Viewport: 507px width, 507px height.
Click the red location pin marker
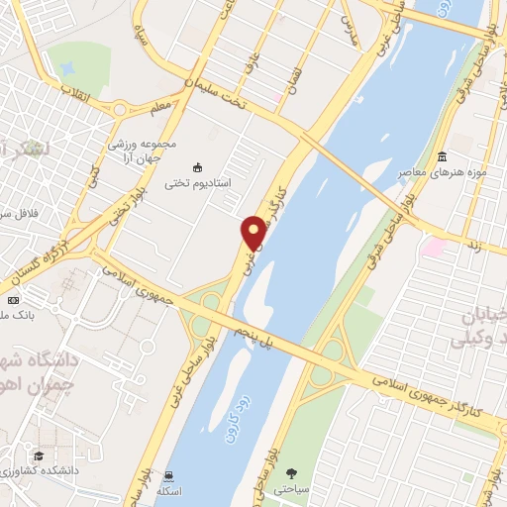coord(253,233)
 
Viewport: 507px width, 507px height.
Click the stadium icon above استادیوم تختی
coord(196,166)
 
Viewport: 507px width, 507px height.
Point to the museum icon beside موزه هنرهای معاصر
coord(441,157)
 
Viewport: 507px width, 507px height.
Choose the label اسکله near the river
coord(175,492)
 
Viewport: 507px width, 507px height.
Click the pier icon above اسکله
coord(172,475)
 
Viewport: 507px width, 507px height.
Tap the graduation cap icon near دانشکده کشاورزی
coord(38,456)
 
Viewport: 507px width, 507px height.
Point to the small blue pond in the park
coord(67,70)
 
